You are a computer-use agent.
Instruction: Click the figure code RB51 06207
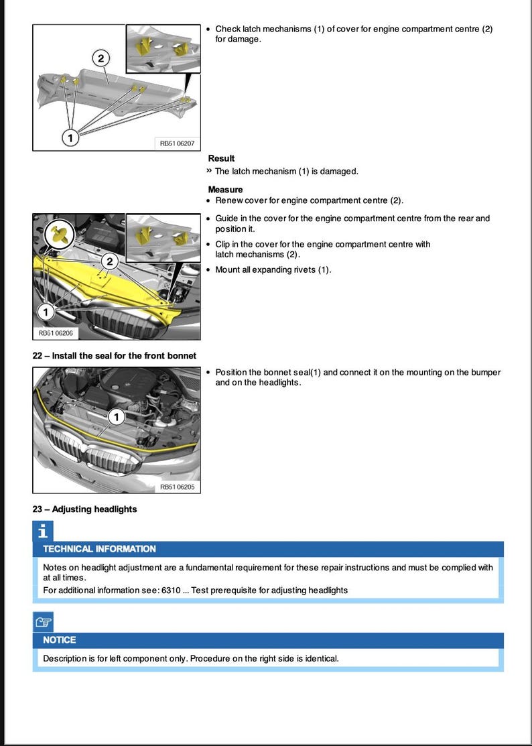pyautogui.click(x=177, y=143)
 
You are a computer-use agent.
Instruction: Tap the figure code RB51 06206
pyautogui.click(x=56, y=332)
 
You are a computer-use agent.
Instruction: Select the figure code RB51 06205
pyautogui.click(x=177, y=487)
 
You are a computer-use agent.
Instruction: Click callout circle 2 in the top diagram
pyautogui.click(x=101, y=59)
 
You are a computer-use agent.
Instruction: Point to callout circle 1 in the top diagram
pyautogui.click(x=70, y=137)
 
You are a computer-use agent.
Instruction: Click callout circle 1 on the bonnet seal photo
pyautogui.click(x=116, y=417)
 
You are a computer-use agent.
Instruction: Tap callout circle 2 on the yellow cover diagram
pyautogui.click(x=111, y=260)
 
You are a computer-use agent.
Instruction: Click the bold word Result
pyautogui.click(x=221, y=158)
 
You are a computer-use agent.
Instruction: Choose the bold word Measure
pyautogui.click(x=225, y=190)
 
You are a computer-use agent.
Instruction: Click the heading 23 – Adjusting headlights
pyautogui.click(x=84, y=509)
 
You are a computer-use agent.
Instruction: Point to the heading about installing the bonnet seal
pyautogui.click(x=114, y=355)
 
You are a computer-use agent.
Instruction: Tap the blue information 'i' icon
pyautogui.click(x=43, y=532)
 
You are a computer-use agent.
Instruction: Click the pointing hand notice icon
pyautogui.click(x=43, y=622)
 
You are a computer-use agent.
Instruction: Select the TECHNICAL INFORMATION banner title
pyautogui.click(x=99, y=549)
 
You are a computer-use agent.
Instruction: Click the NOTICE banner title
pyautogui.click(x=60, y=640)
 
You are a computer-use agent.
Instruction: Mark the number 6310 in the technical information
pyautogui.click(x=170, y=590)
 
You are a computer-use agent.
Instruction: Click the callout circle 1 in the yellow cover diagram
pyautogui.click(x=46, y=312)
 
